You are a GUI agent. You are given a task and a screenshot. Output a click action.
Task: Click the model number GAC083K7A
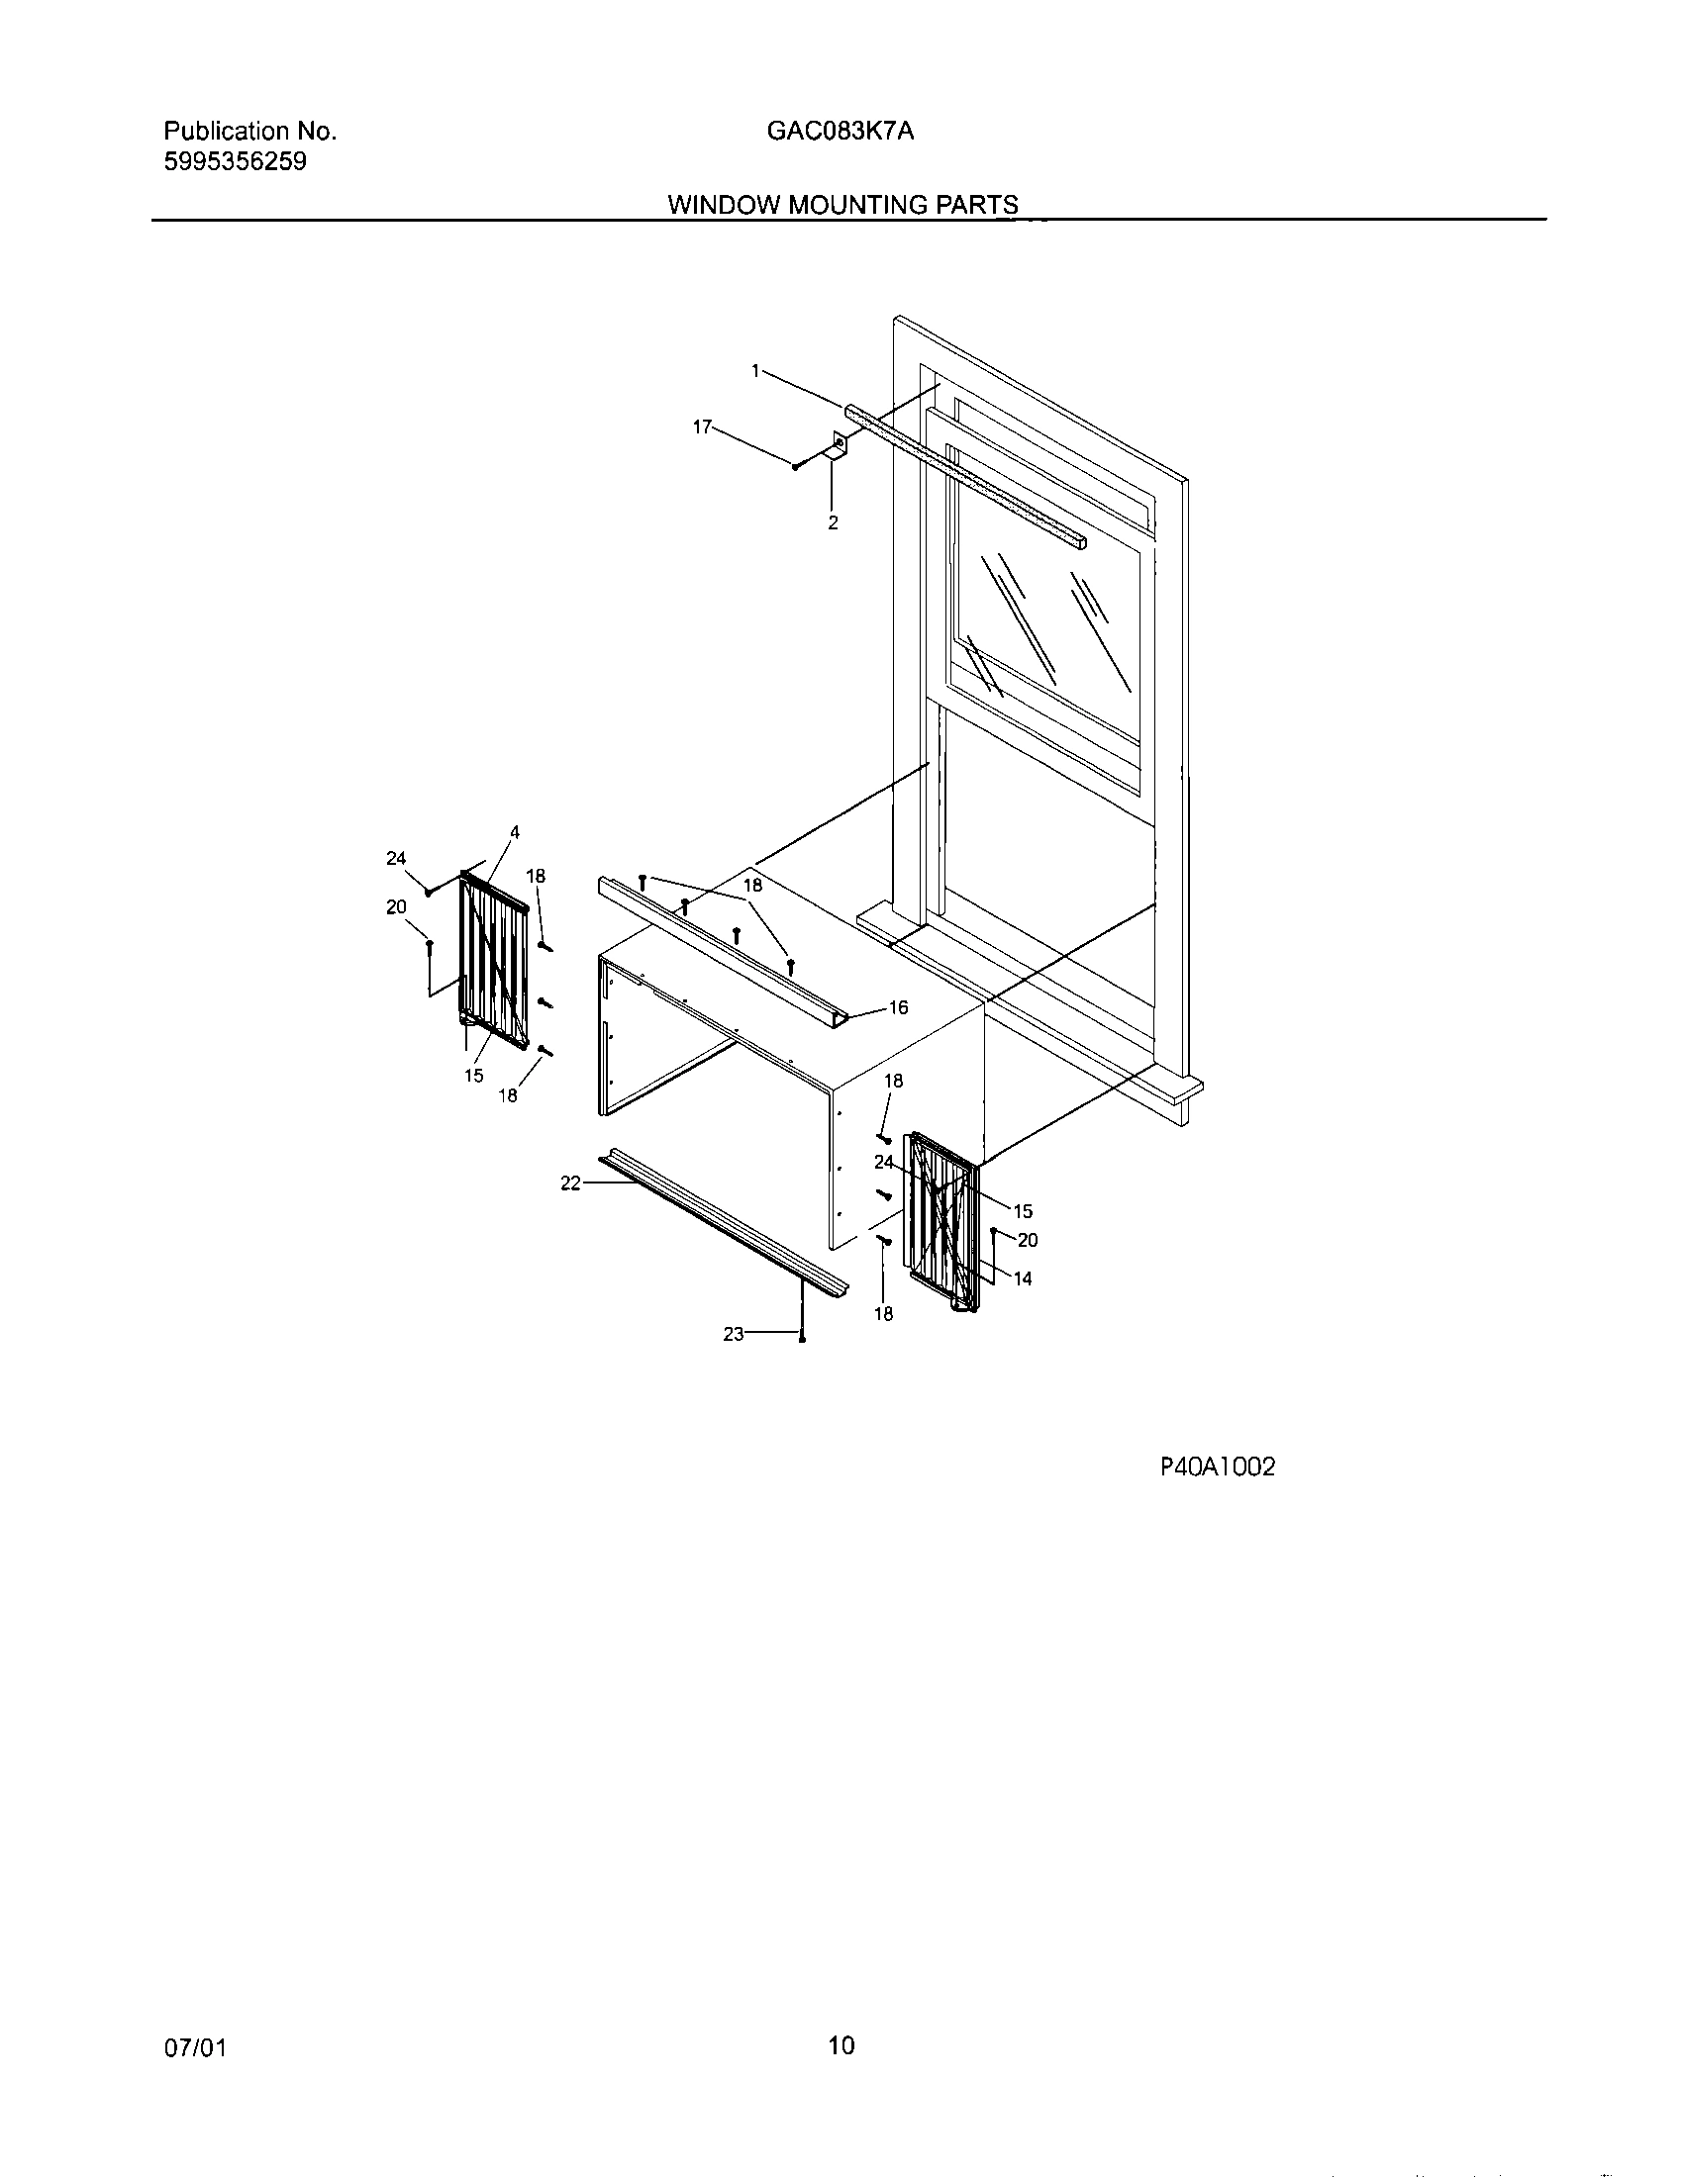pyautogui.click(x=840, y=131)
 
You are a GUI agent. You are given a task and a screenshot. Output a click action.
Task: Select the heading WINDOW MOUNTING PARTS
pyautogui.click(x=842, y=205)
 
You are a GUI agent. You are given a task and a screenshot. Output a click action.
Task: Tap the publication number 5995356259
pyautogui.click(x=235, y=161)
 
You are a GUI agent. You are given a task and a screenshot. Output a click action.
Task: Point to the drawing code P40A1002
pyautogui.click(x=1217, y=1467)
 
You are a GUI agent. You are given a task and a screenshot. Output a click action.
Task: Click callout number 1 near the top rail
pyautogui.click(x=755, y=371)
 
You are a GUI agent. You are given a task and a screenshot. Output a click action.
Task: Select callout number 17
pyautogui.click(x=702, y=426)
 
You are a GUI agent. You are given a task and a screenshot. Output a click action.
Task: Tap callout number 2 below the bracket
pyautogui.click(x=833, y=521)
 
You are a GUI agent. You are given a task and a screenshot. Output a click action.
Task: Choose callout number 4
pyautogui.click(x=515, y=831)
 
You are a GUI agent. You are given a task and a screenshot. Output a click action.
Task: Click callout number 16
pyautogui.click(x=898, y=1007)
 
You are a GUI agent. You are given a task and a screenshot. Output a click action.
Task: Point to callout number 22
pyautogui.click(x=570, y=1183)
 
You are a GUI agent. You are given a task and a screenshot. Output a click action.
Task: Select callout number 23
pyautogui.click(x=734, y=1334)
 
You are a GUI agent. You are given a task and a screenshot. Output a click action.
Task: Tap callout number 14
pyautogui.click(x=1023, y=1278)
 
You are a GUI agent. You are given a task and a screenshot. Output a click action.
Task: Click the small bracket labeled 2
pyautogui.click(x=838, y=443)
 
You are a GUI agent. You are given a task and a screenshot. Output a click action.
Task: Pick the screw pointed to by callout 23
pyautogui.click(x=803, y=1338)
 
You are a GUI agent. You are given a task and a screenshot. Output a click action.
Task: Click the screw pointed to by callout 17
pyautogui.click(x=796, y=465)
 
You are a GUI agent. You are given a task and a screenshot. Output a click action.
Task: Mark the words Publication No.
pyautogui.click(x=249, y=131)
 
